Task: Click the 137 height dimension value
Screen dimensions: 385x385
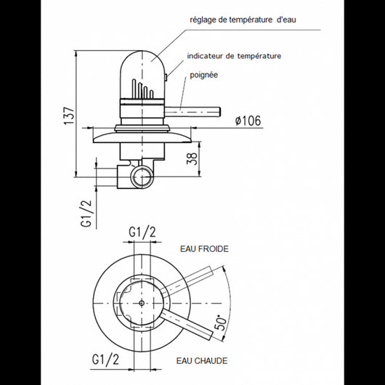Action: pos(70,115)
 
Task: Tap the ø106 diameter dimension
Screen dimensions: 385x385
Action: pos(248,121)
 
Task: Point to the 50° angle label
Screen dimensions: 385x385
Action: pos(220,323)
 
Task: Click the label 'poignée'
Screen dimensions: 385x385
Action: pos(204,75)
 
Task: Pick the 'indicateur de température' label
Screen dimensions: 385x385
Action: pos(234,56)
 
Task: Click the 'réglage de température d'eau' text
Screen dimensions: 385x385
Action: pos(243,20)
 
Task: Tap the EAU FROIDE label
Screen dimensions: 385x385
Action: pos(204,249)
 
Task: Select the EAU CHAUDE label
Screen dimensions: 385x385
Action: pos(202,361)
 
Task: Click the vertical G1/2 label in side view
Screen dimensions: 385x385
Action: pos(86,214)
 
